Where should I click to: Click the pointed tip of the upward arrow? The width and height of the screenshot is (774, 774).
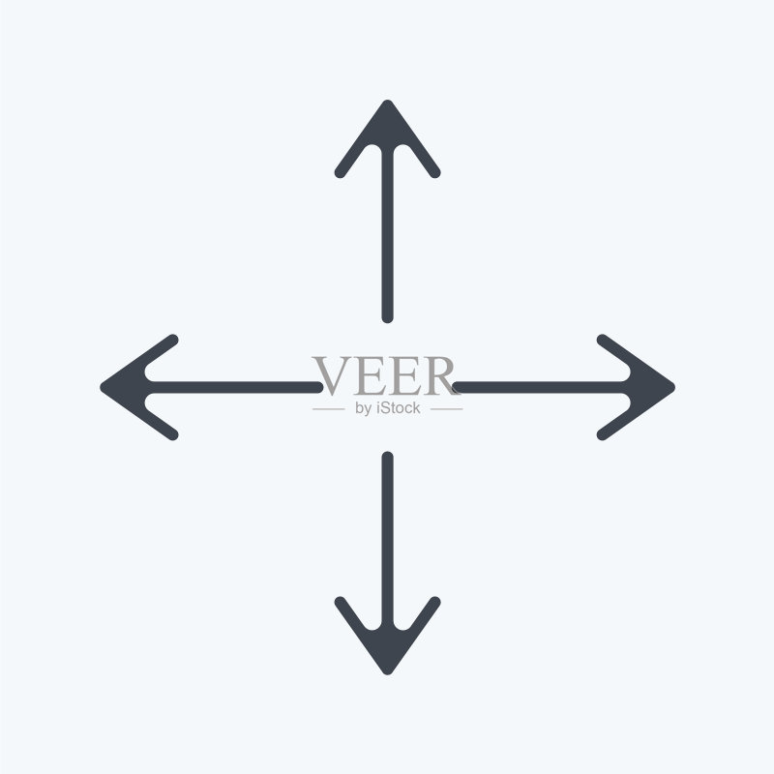[388, 101]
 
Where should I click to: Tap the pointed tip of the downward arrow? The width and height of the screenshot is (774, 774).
[388, 674]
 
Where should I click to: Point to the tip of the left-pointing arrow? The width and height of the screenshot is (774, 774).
[101, 388]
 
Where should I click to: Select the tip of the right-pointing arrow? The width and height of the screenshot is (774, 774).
[674, 388]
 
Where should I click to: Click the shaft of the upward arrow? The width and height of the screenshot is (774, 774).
[388, 234]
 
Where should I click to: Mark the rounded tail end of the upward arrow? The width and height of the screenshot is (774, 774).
[388, 318]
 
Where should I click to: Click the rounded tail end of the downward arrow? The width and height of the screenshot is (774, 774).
[388, 457]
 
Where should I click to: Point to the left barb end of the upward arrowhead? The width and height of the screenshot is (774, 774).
[340, 173]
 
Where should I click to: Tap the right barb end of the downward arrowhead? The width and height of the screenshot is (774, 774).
[435, 601]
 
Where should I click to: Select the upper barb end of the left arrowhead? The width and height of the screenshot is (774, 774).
[173, 340]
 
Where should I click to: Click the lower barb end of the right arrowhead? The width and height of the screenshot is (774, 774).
[601, 435]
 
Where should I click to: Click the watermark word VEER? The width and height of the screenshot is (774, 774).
[384, 375]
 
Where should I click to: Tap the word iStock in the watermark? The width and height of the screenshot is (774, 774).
[398, 407]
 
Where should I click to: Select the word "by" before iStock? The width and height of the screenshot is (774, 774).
[364, 409]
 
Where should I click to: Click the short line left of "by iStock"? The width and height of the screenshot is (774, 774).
[329, 409]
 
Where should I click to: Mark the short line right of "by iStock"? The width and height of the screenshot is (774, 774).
[447, 409]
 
